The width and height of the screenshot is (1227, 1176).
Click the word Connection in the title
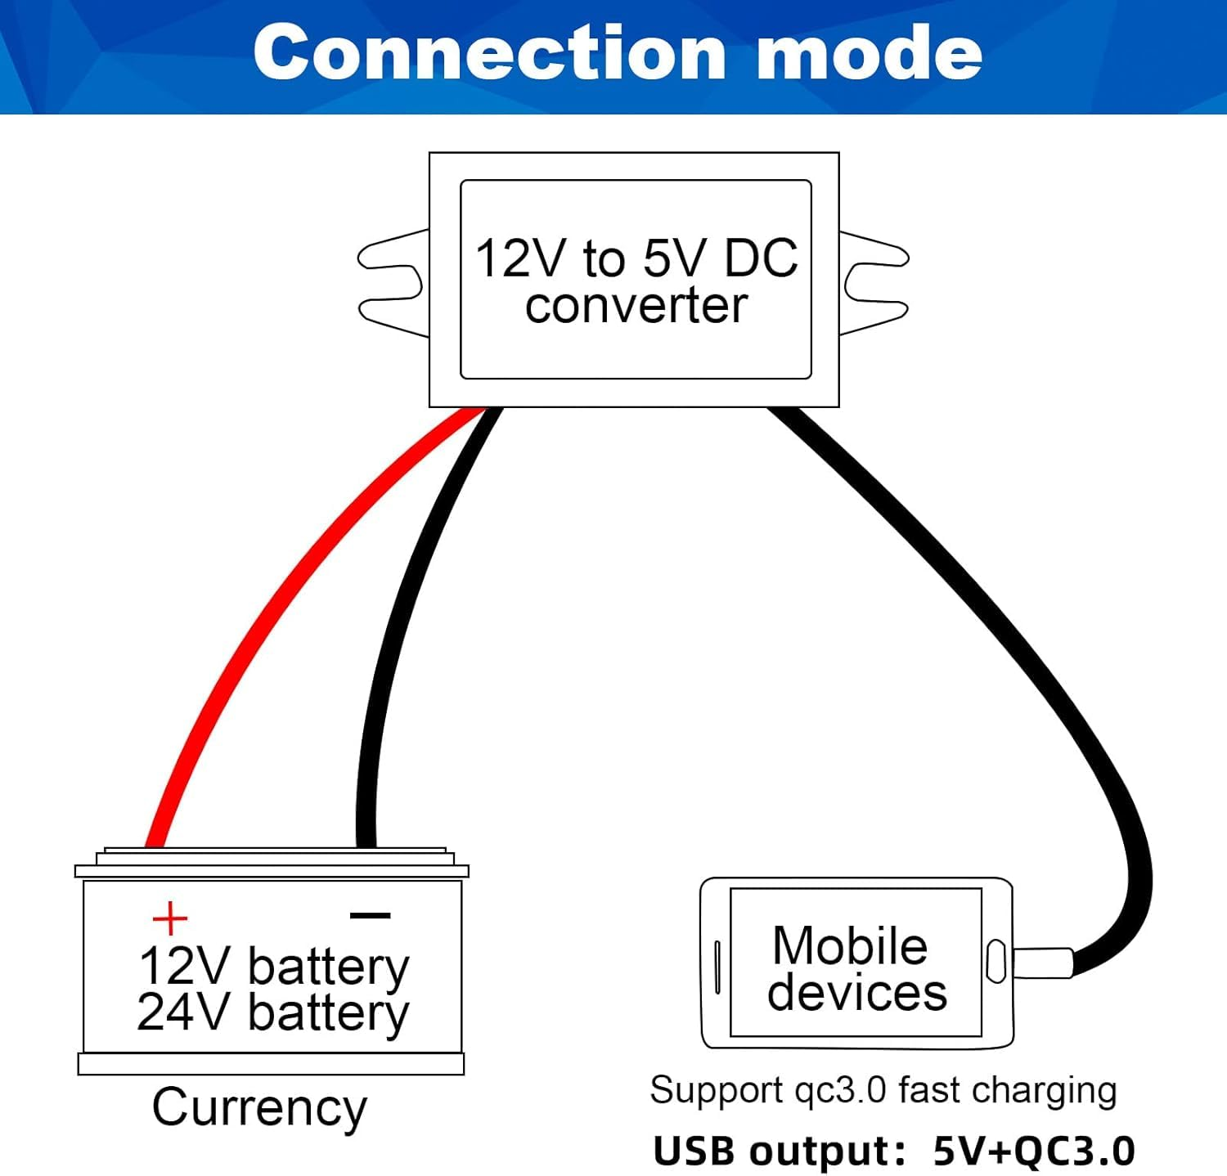coord(489,52)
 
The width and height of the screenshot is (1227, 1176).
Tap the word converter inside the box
coord(636,306)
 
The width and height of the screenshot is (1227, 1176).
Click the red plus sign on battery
coord(170,918)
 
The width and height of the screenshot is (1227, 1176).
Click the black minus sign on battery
coord(370,916)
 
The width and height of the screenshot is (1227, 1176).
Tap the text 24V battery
coord(272,1012)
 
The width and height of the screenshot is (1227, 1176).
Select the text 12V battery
coord(272,967)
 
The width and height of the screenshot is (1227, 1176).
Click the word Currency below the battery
coord(259,1108)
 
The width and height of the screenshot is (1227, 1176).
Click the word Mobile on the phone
coord(849,946)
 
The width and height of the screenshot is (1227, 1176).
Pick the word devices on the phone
coord(856,993)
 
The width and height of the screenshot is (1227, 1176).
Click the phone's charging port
coord(996,962)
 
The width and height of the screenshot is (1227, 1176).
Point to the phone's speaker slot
coord(717,967)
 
